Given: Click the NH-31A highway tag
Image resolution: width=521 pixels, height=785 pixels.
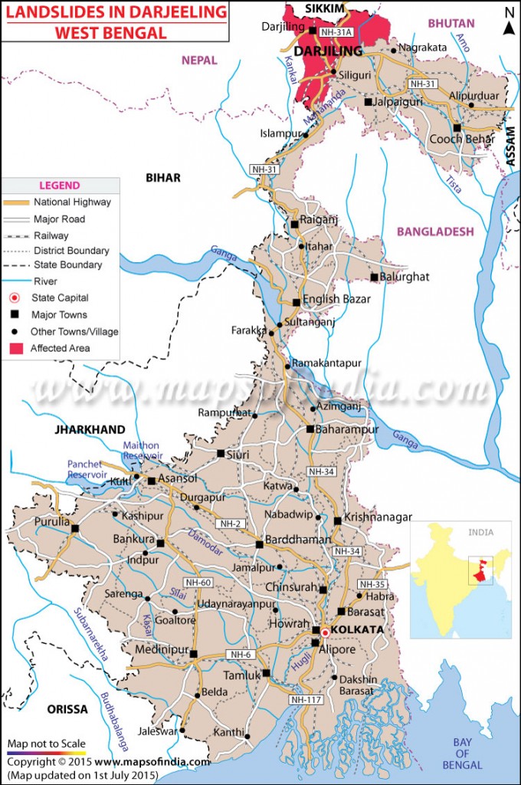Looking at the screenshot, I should (335, 33).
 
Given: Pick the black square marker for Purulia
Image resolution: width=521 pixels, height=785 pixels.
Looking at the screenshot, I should (75, 528).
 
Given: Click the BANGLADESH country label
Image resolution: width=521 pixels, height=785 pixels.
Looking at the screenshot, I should (435, 231).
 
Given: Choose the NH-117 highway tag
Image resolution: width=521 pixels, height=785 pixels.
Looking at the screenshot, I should (305, 700).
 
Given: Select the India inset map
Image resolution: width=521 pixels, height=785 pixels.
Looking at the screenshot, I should (460, 580).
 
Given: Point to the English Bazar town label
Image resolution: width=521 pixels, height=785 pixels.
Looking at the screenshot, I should (336, 299).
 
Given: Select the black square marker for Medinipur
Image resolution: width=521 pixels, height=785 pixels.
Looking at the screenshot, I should (193, 654).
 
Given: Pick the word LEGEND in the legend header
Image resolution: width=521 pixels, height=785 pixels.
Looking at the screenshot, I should (60, 186).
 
